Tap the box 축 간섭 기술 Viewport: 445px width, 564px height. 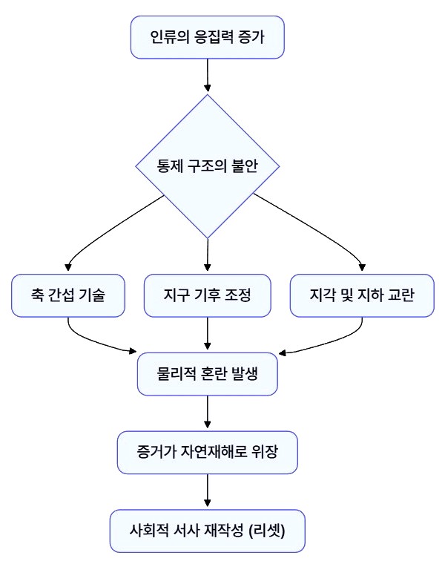point(67,295)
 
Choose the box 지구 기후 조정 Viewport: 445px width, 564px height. point(208,295)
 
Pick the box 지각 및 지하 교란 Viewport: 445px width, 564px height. point(362,295)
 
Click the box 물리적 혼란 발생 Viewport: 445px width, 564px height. point(208,373)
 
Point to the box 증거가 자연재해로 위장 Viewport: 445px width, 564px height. point(208,452)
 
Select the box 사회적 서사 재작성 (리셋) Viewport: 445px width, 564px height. point(208,530)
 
